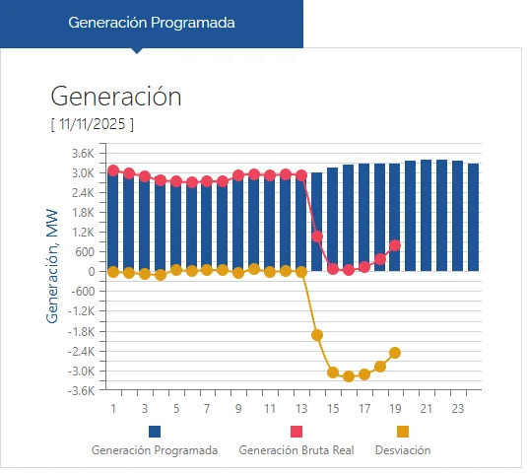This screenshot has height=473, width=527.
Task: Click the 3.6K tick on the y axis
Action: pyautogui.click(x=82, y=153)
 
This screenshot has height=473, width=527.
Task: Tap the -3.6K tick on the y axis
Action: pyautogui.click(x=81, y=390)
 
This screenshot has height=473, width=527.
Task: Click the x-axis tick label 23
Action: pyautogui.click(x=457, y=408)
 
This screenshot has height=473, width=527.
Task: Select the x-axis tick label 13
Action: pyautogui.click(x=300, y=408)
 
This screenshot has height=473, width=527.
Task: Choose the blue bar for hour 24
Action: pyautogui.click(x=473, y=218)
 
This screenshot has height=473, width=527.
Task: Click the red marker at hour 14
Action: pyautogui.click(x=317, y=236)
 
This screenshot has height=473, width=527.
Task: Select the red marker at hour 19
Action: pyautogui.click(x=395, y=245)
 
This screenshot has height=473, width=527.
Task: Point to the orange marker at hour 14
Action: pyautogui.click(x=317, y=335)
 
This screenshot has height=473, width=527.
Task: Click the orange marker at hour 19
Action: pyautogui.click(x=395, y=353)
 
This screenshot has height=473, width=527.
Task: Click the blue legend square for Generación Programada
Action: pyautogui.click(x=155, y=432)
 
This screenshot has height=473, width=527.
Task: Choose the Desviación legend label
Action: pyautogui.click(x=403, y=449)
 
